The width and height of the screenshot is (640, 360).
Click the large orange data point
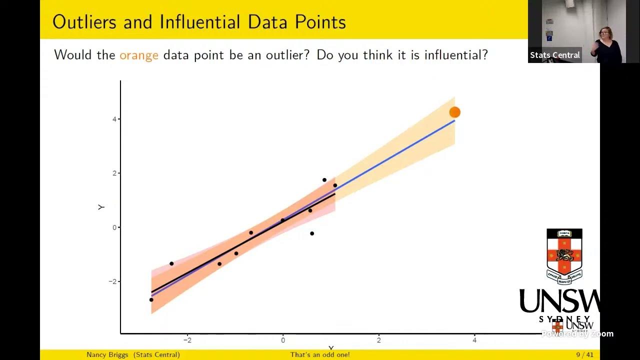tap(454, 112)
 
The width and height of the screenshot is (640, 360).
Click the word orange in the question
tap(138, 55)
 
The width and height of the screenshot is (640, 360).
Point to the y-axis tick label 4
tap(114, 119)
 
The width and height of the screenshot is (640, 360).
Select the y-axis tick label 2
tap(114, 173)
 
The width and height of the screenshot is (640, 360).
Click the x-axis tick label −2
tap(187, 340)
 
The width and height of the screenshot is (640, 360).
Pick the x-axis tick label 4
tap(474, 340)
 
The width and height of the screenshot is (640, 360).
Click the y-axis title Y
tap(101, 207)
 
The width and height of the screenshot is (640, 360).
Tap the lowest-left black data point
tap(151, 299)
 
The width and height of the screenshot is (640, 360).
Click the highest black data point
tap(324, 180)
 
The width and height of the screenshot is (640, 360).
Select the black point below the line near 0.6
tap(312, 233)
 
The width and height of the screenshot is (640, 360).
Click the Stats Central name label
tap(554, 55)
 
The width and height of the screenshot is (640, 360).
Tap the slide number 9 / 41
tap(584, 355)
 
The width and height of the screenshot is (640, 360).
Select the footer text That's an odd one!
tap(320, 355)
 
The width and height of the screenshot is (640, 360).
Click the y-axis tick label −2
tap(112, 281)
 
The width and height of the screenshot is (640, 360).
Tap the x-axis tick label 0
tap(283, 340)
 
